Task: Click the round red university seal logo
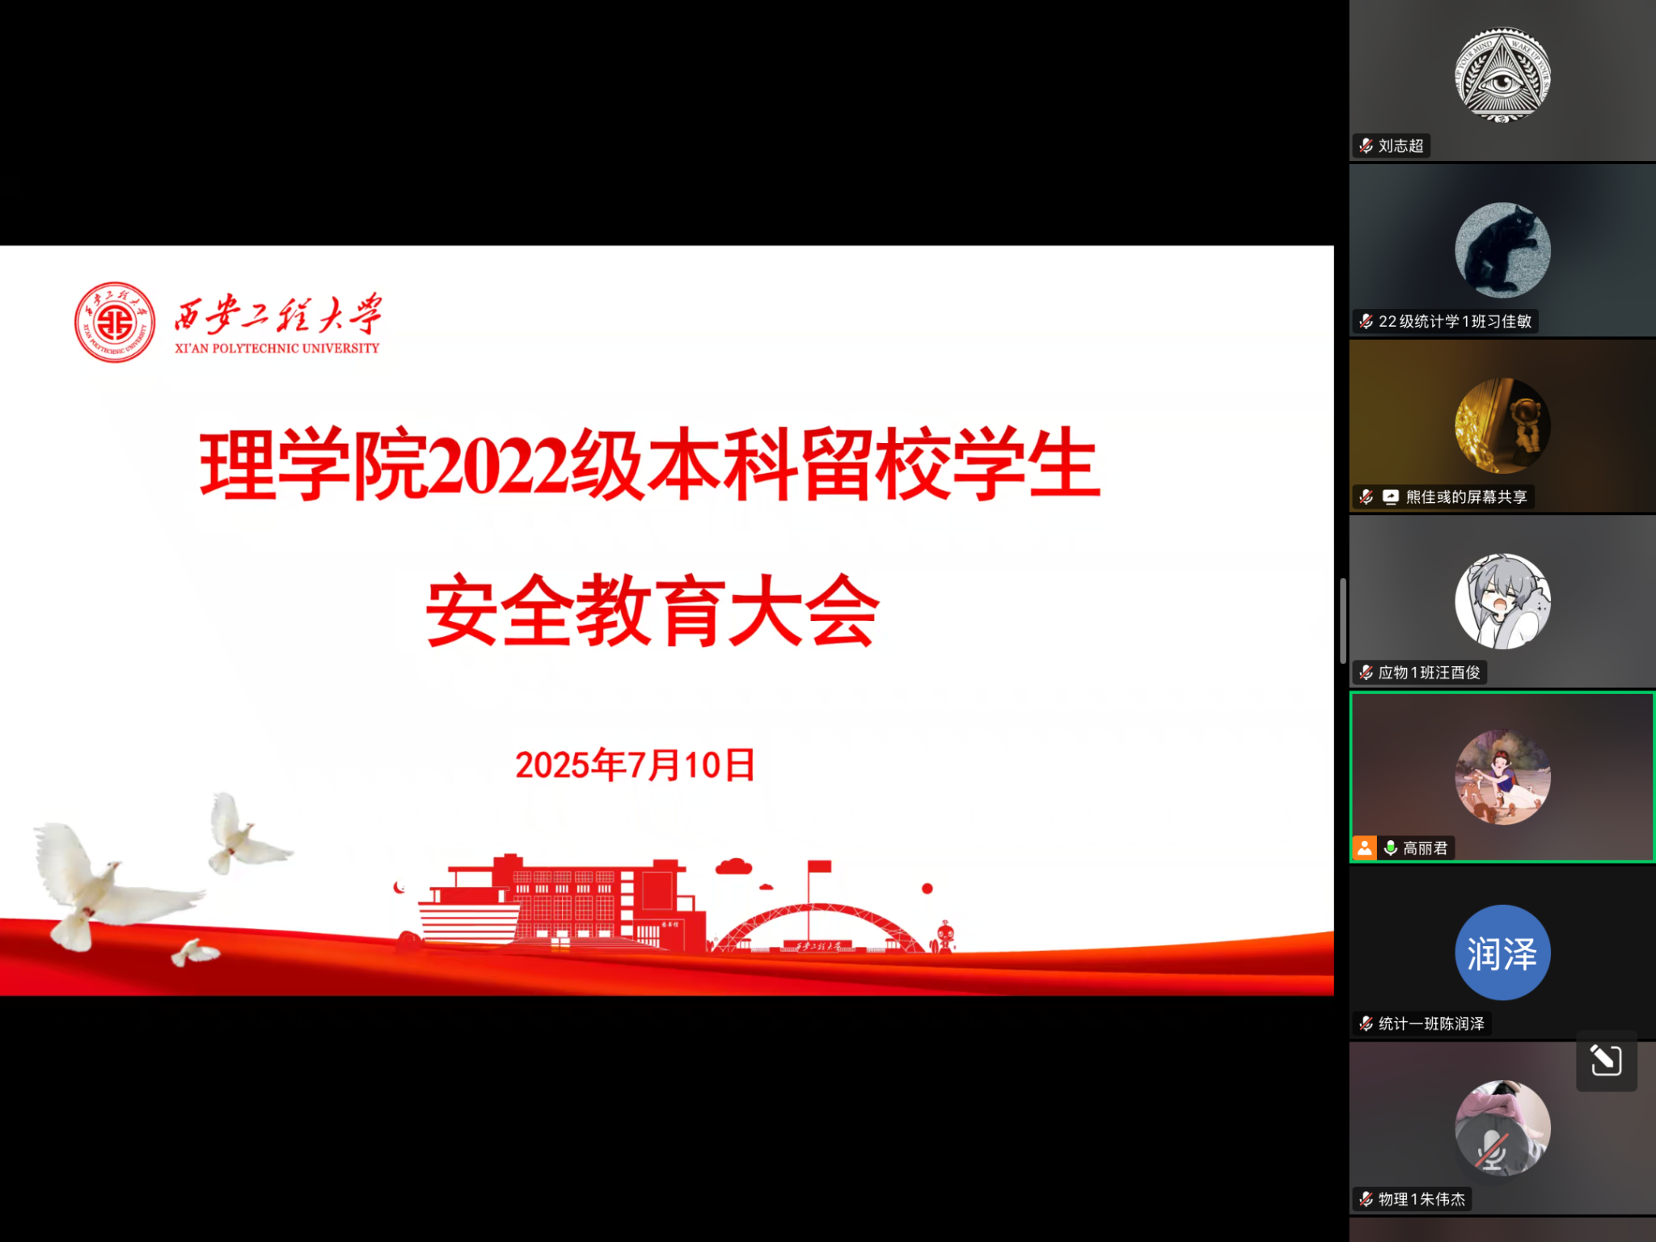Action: tap(115, 322)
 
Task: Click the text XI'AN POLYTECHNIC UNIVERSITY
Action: tap(277, 349)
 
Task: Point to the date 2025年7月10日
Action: tap(635, 765)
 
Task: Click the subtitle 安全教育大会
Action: tap(653, 610)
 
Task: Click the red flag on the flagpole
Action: tap(819, 867)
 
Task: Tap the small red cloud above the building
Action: tap(733, 867)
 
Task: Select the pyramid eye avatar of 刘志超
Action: tap(1502, 75)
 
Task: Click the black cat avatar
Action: tap(1502, 251)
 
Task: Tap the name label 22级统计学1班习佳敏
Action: tap(1455, 322)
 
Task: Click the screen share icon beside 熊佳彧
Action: tap(1390, 497)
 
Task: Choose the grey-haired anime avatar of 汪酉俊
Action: tap(1502, 602)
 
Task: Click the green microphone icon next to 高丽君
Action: tap(1390, 848)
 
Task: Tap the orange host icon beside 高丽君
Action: tap(1364, 848)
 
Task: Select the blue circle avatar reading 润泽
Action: tap(1502, 953)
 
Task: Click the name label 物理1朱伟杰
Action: tap(1422, 1200)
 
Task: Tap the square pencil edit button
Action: tap(1606, 1060)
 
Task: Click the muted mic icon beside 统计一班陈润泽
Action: tap(1366, 1024)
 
